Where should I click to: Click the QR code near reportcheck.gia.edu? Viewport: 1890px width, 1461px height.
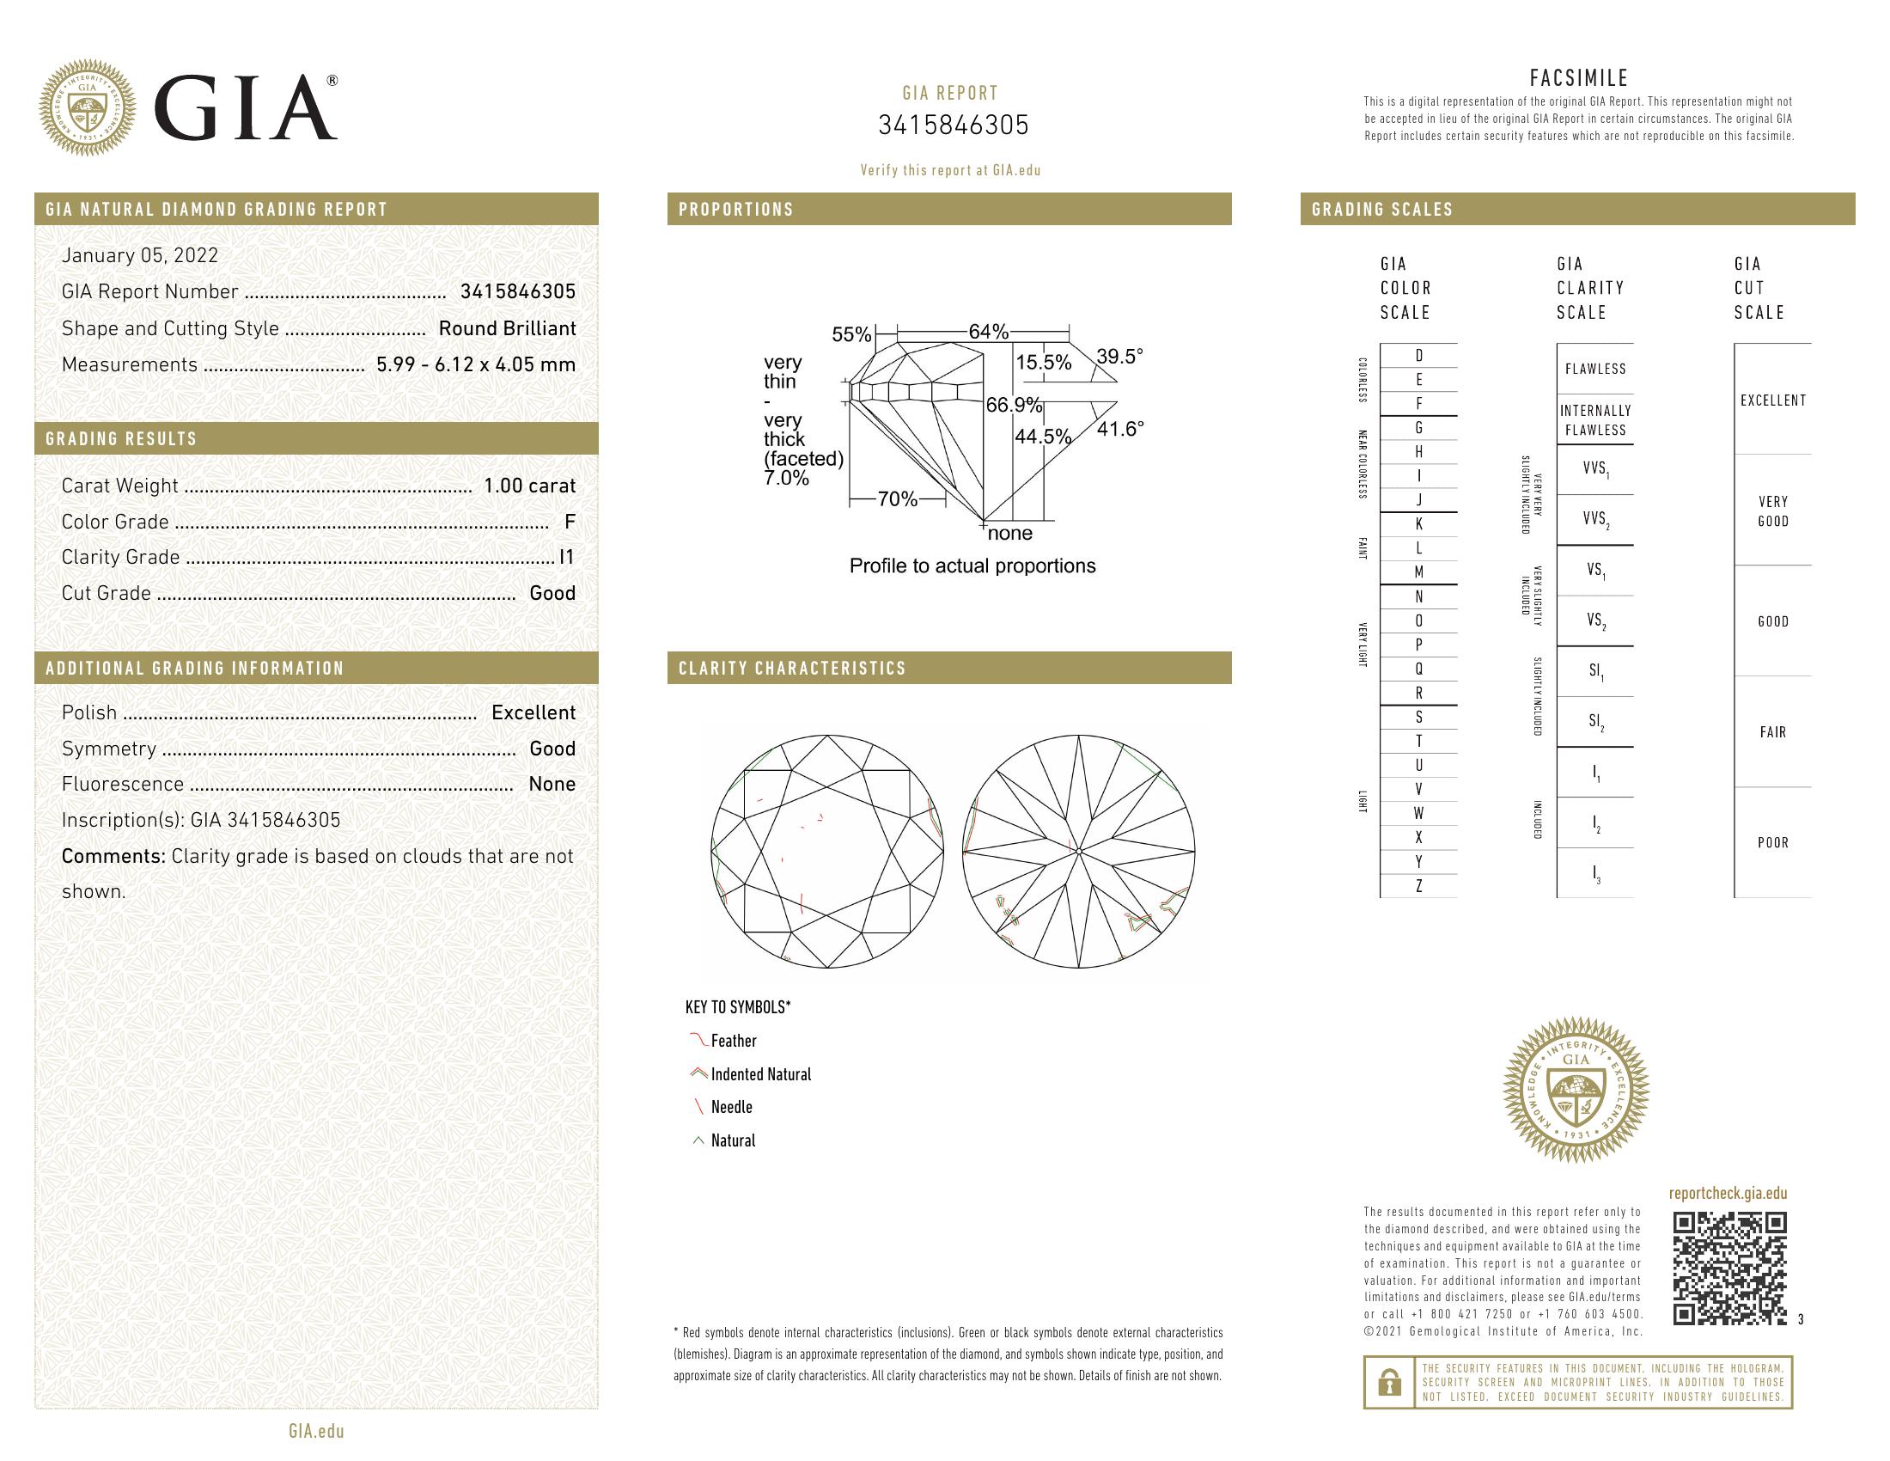(1729, 1268)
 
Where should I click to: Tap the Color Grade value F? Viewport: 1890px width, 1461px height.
(569, 522)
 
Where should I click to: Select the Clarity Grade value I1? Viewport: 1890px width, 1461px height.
(567, 558)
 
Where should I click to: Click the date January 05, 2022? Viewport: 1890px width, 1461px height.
(140, 255)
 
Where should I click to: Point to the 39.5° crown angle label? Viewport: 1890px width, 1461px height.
(1119, 357)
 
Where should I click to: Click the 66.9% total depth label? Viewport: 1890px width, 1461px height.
(1014, 405)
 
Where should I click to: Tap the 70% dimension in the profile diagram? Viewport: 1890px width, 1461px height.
(898, 499)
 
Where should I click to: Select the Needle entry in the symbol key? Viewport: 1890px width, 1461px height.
(731, 1107)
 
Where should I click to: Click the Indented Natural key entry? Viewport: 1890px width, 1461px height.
(759, 1074)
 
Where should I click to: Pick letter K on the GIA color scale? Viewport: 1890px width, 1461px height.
(1418, 523)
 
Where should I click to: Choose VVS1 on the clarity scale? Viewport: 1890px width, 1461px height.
(1595, 469)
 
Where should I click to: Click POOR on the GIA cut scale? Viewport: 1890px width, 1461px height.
(1772, 842)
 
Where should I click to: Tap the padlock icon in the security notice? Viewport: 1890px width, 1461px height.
(1389, 1382)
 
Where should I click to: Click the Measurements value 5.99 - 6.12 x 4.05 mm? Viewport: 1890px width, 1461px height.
(476, 364)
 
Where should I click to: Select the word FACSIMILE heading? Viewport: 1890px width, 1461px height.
(1578, 78)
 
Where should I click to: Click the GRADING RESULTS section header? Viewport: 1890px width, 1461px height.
(121, 439)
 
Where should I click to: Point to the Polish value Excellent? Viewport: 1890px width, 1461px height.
(533, 712)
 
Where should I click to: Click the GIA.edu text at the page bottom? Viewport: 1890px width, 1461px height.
(316, 1431)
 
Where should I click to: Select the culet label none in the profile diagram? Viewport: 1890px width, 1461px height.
(1010, 533)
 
